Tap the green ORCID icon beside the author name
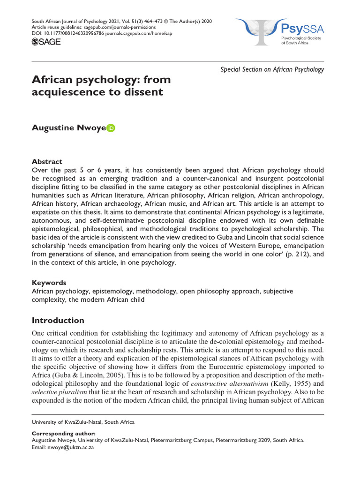(x=111, y=128)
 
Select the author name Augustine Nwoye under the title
(x=68, y=128)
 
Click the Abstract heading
(x=46, y=161)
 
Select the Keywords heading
(x=48, y=283)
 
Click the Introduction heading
(x=58, y=321)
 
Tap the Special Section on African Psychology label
(x=272, y=69)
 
